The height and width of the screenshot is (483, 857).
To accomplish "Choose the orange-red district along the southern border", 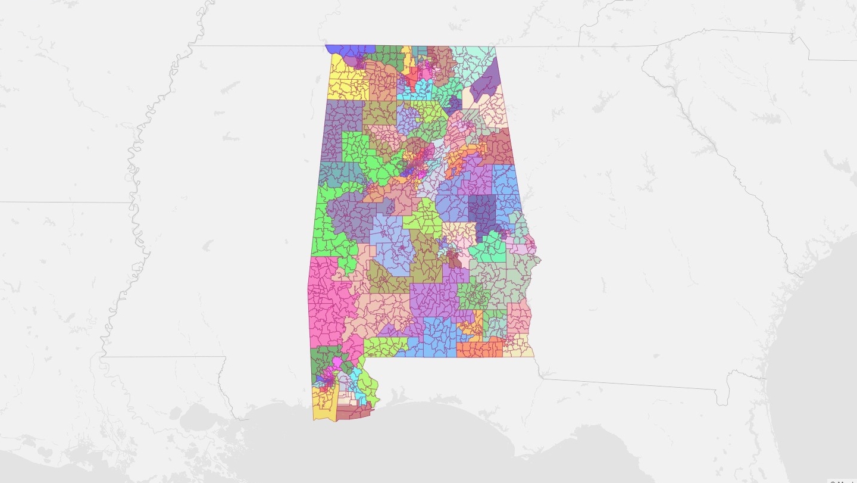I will point(479,349).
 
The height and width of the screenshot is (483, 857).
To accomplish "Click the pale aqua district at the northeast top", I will point(473,60).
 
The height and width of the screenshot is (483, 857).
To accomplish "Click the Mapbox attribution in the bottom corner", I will point(842,480).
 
